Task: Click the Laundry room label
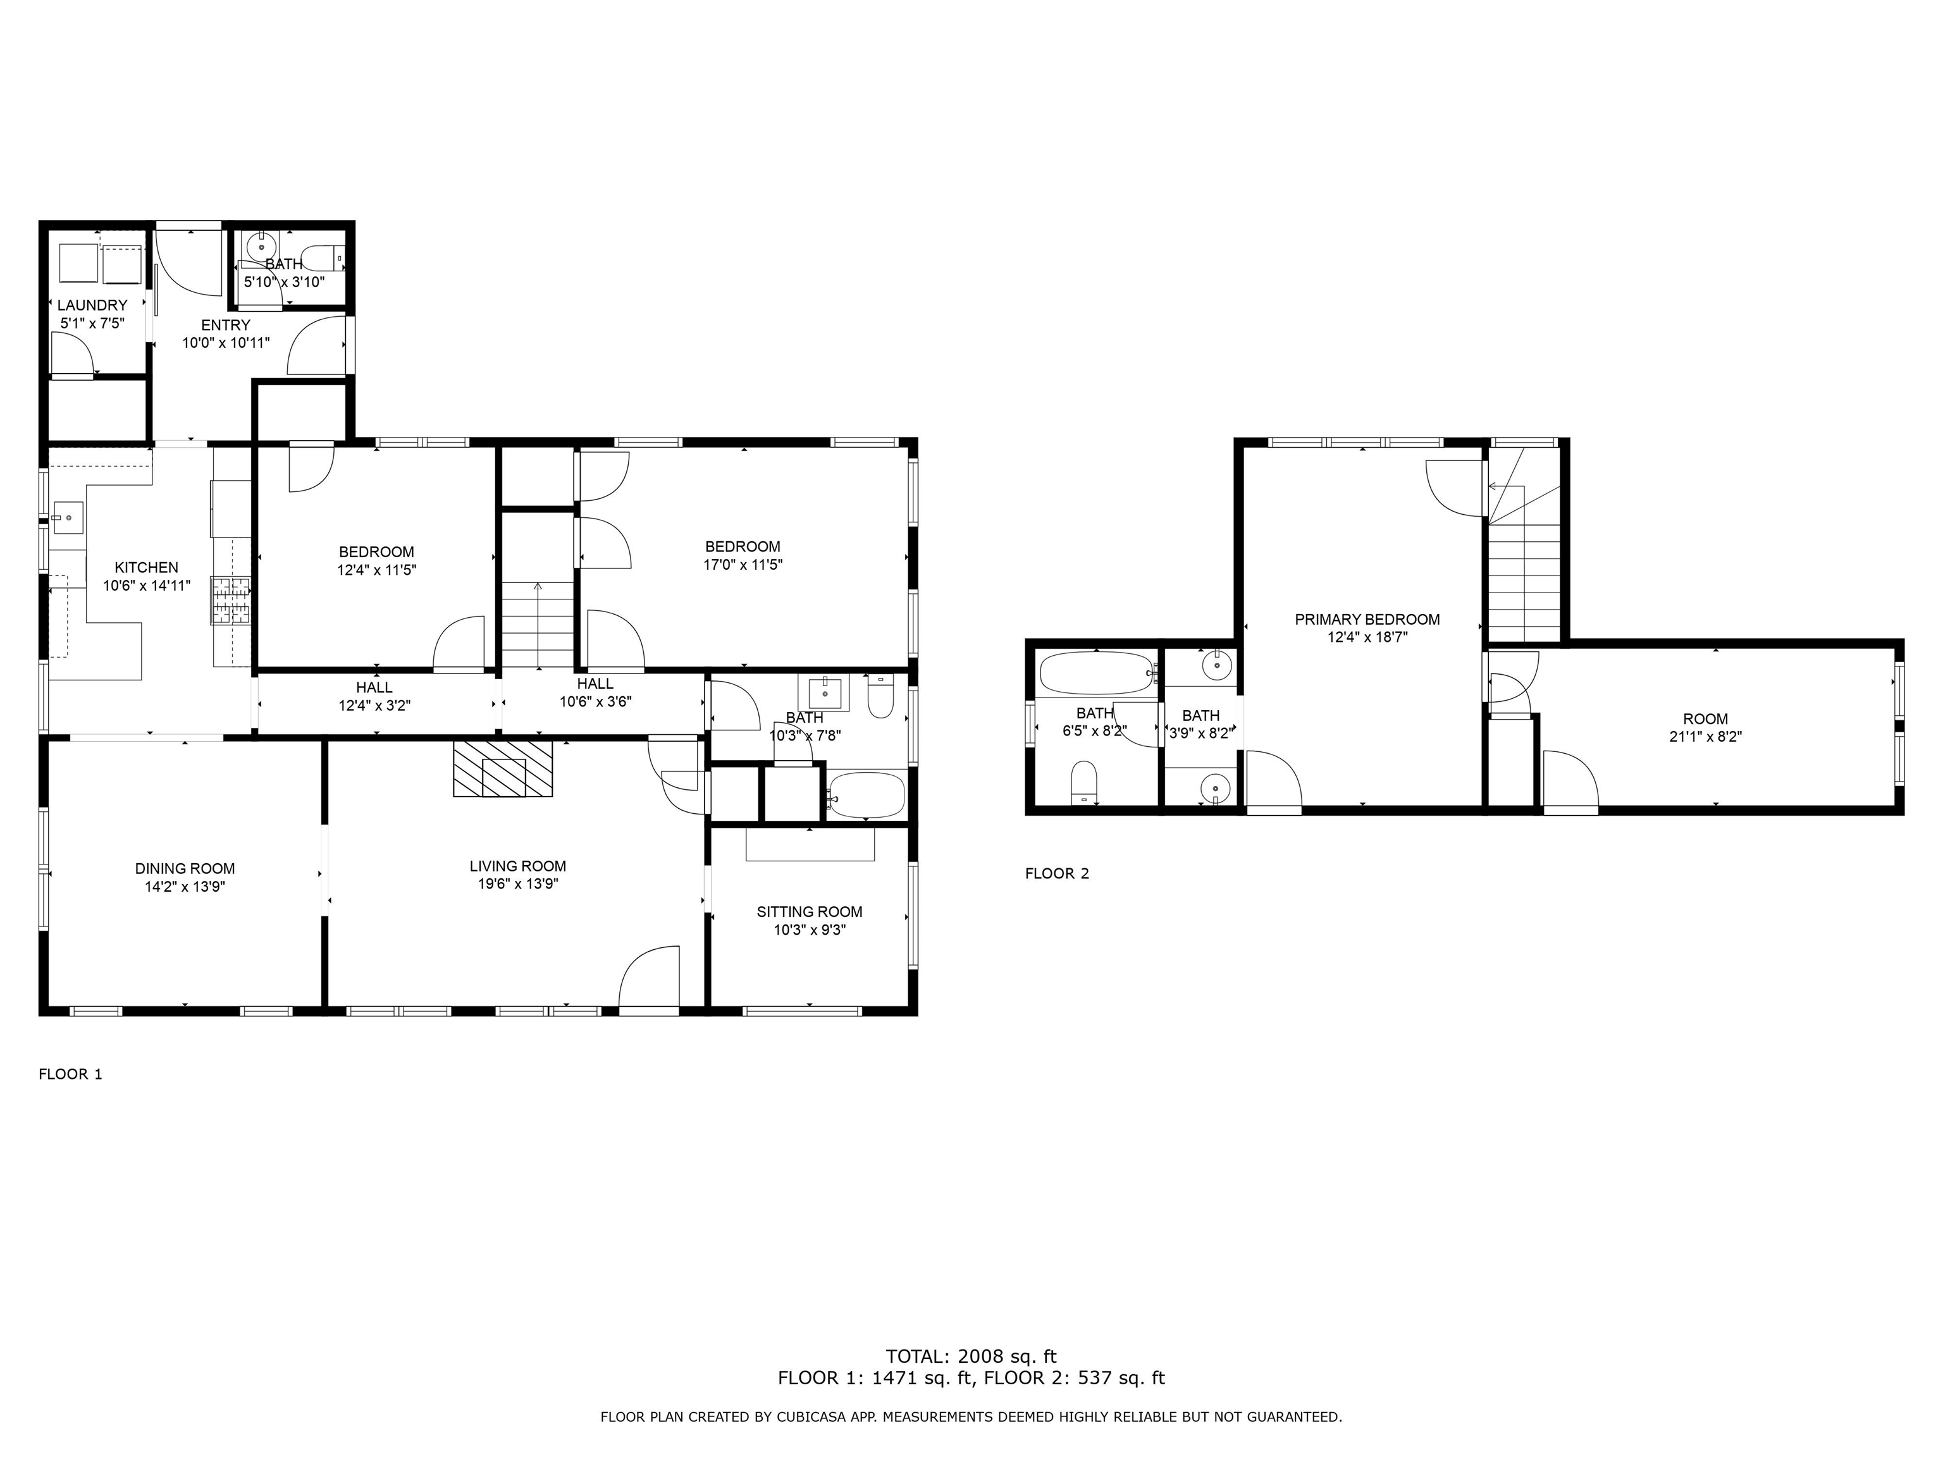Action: click(x=92, y=305)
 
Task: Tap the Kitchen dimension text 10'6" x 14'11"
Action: click(x=147, y=586)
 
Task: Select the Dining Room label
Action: click(x=185, y=869)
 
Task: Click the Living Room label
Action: click(x=517, y=866)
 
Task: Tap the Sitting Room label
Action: click(x=809, y=912)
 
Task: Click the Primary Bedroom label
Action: click(x=1367, y=619)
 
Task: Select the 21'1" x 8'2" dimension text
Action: click(x=1705, y=737)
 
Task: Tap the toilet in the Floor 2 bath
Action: click(x=1085, y=782)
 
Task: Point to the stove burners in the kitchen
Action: click(x=230, y=601)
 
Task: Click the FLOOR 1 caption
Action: click(x=70, y=1074)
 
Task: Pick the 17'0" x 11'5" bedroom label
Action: click(x=743, y=556)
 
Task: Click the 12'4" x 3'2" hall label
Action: click(x=374, y=696)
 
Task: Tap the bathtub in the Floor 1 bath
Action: click(x=866, y=796)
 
